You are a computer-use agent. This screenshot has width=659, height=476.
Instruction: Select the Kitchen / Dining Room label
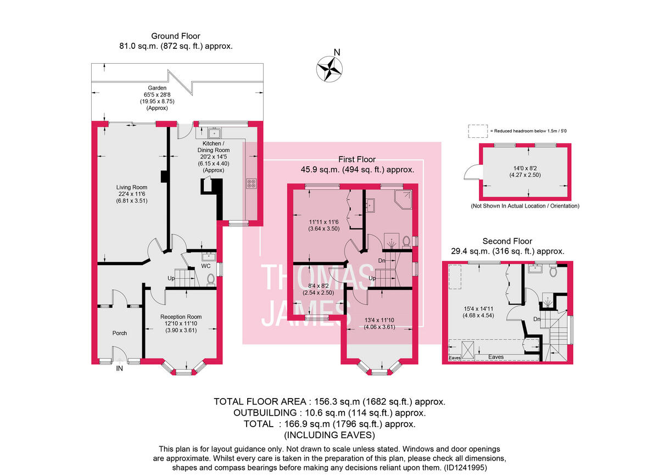click(x=213, y=156)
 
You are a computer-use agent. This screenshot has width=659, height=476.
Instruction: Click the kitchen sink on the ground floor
click(x=215, y=133)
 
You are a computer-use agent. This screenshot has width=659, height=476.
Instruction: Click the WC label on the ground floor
click(x=206, y=266)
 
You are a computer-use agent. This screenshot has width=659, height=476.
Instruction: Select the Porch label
click(x=120, y=333)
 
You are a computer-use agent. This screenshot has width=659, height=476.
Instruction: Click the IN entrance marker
click(x=119, y=369)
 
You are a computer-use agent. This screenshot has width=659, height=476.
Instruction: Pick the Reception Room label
click(x=181, y=321)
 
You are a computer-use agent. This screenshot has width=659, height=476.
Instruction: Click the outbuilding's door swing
click(x=471, y=173)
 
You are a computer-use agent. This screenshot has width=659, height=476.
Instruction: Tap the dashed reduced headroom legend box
click(x=477, y=131)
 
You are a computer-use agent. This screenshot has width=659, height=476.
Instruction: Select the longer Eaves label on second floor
click(x=496, y=357)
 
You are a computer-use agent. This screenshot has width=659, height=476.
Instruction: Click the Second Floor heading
click(x=507, y=241)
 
